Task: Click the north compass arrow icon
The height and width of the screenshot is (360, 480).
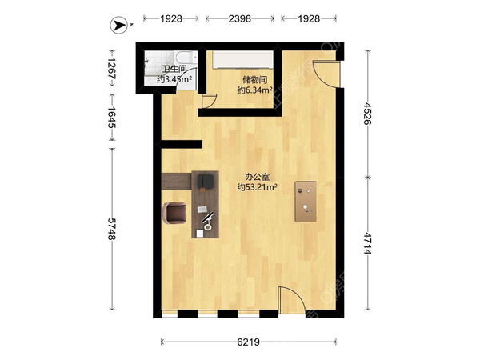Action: pos(118,25)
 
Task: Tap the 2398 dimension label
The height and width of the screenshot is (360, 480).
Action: pos(240,19)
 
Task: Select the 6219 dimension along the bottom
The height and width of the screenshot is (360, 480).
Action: pos(248,342)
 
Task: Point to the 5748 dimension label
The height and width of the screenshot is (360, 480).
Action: pos(111,229)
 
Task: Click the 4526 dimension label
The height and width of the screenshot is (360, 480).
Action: pos(367,114)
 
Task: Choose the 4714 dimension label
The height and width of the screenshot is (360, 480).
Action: pos(367,243)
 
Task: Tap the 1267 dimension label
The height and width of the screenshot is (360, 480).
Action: pos(111,68)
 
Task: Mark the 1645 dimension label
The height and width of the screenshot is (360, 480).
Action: pos(111,118)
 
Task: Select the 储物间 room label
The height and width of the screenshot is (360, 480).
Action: pos(254,80)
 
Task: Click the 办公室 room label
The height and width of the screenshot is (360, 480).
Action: pos(257,177)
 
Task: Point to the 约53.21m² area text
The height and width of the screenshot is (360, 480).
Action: pos(257,187)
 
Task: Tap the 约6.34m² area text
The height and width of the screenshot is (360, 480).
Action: pos(254,90)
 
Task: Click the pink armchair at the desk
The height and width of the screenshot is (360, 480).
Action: pos(174,213)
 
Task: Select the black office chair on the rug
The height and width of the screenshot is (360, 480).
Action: pos(206,181)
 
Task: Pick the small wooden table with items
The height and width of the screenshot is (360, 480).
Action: pos(306,201)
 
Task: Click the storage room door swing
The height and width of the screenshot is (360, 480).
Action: pos(209,101)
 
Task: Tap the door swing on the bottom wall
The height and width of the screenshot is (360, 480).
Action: pos(292,300)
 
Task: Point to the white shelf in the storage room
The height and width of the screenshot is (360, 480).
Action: pos(242,58)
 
